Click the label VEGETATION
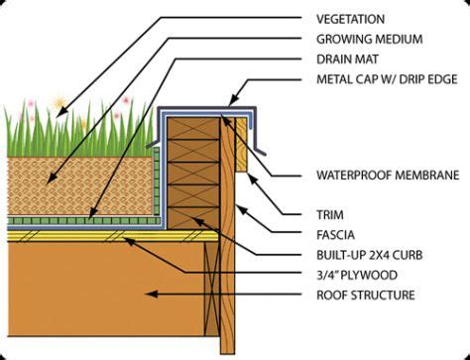click(x=350, y=19)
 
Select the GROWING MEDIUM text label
click(x=370, y=40)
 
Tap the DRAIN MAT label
click(x=347, y=60)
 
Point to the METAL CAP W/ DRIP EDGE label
click(x=387, y=79)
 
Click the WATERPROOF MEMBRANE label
click(x=388, y=176)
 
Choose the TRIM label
click(x=330, y=215)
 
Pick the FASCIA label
click(x=335, y=235)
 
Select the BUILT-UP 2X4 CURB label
click(x=370, y=255)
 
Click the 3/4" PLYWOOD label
click(x=357, y=275)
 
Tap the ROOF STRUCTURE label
click(x=366, y=295)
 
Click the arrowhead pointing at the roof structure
click(x=152, y=294)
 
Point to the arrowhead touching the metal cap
click(x=234, y=100)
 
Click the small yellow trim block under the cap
click(x=242, y=145)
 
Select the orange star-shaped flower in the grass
click(x=59, y=103)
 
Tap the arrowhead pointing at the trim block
click(x=252, y=179)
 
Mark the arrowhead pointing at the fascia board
click(x=242, y=209)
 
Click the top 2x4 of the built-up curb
click(x=193, y=129)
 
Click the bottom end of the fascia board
click(x=227, y=353)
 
